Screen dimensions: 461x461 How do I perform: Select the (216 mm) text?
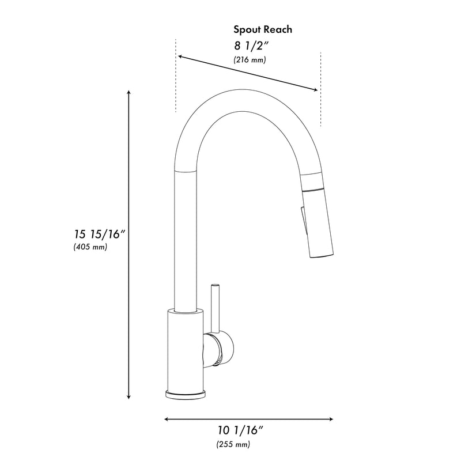coord(250,60)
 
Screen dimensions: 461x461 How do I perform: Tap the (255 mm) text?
coord(233,444)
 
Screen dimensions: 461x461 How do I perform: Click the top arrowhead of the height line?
coord(129,92)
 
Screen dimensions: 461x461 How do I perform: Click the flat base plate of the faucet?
coord(185,394)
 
